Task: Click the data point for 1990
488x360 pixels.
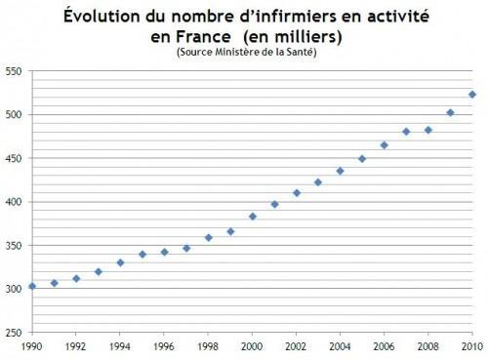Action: point(32,286)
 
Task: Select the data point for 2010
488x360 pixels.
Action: point(471,95)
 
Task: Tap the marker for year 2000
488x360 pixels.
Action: point(252,217)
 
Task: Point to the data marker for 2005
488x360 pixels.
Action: point(362,159)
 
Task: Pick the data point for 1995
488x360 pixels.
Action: point(142,254)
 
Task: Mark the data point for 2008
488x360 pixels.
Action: point(427,130)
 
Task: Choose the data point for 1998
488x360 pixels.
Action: point(208,237)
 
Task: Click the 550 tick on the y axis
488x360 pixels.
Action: point(15,71)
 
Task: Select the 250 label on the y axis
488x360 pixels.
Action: point(15,333)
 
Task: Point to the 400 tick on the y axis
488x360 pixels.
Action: point(15,202)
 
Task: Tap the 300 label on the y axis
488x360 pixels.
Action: point(15,290)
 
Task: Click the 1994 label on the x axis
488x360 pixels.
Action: point(120,346)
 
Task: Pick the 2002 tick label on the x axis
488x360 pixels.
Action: point(296,346)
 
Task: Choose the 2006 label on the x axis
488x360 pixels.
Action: point(384,346)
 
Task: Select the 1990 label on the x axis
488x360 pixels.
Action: point(32,346)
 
